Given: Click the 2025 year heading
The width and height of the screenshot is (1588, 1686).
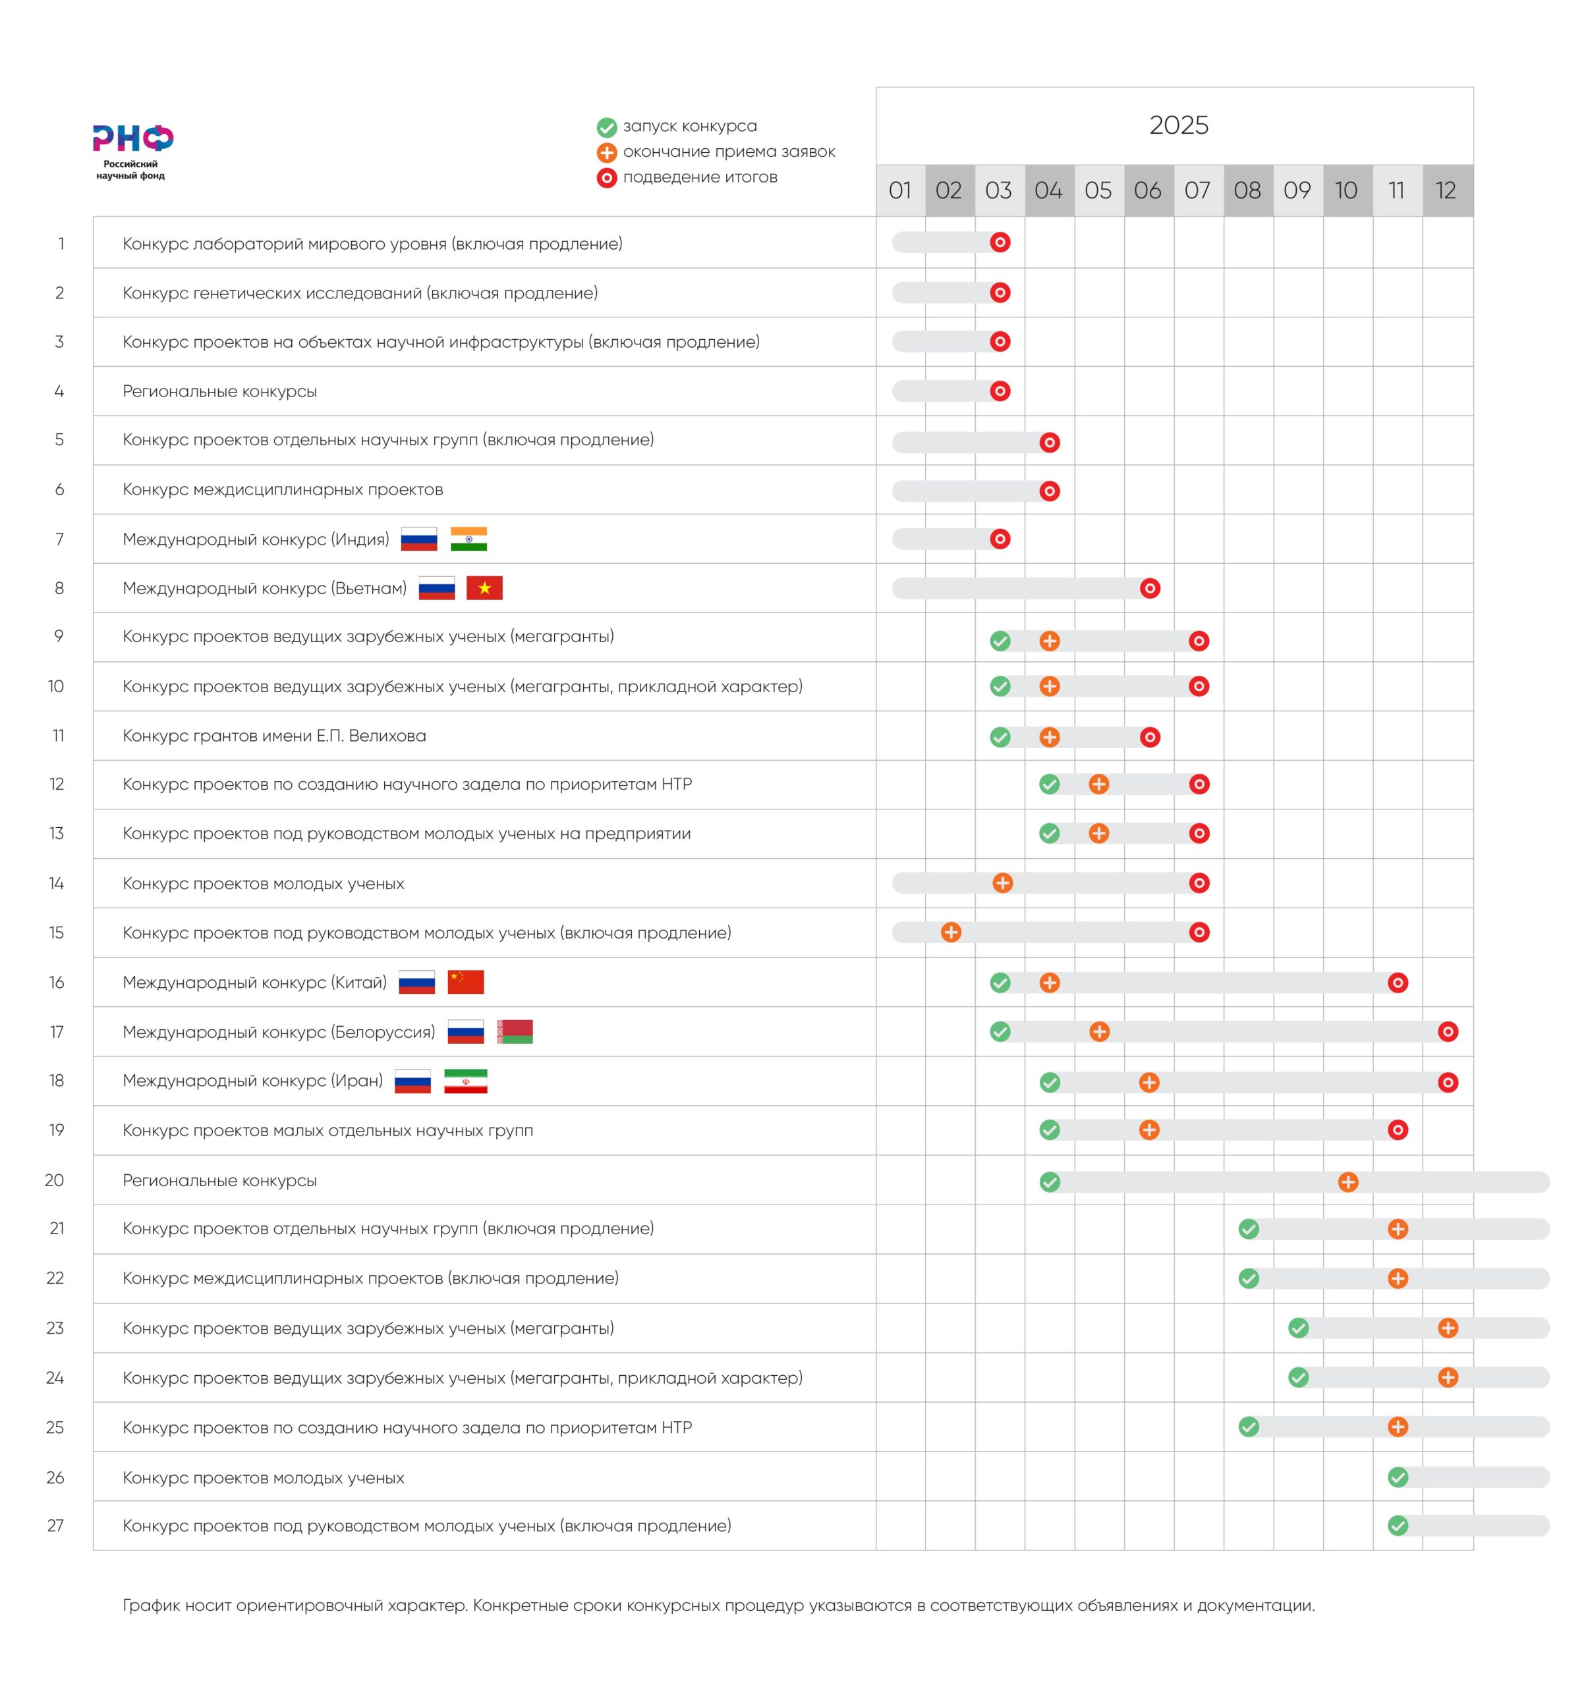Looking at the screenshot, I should click(x=1178, y=126).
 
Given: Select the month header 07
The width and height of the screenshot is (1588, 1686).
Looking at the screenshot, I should click(x=1197, y=190).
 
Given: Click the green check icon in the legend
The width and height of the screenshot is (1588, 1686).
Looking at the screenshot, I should click(x=606, y=127).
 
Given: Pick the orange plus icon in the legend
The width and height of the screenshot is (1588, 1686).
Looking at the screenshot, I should click(x=606, y=153).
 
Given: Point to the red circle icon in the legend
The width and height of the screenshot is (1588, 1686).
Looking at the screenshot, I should click(x=606, y=178).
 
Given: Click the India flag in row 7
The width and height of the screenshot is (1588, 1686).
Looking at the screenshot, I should click(x=468, y=539).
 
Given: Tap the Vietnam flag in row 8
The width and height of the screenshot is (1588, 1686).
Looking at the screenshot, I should click(x=484, y=589).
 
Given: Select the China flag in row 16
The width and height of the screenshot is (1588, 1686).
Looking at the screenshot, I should click(x=466, y=982).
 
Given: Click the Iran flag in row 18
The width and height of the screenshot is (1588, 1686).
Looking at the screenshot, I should click(x=466, y=1081).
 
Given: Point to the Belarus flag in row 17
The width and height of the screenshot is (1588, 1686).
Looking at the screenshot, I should click(x=515, y=1031).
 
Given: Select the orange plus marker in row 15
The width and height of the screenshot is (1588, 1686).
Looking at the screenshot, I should click(x=951, y=933).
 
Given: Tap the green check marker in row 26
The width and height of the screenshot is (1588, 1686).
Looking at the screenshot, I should click(x=1398, y=1477).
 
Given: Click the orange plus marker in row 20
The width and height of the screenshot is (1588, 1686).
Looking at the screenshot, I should click(x=1348, y=1182).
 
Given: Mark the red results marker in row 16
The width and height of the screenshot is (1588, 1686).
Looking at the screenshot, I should click(x=1398, y=983).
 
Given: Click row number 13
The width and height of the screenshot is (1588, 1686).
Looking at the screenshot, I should click(x=57, y=834).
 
